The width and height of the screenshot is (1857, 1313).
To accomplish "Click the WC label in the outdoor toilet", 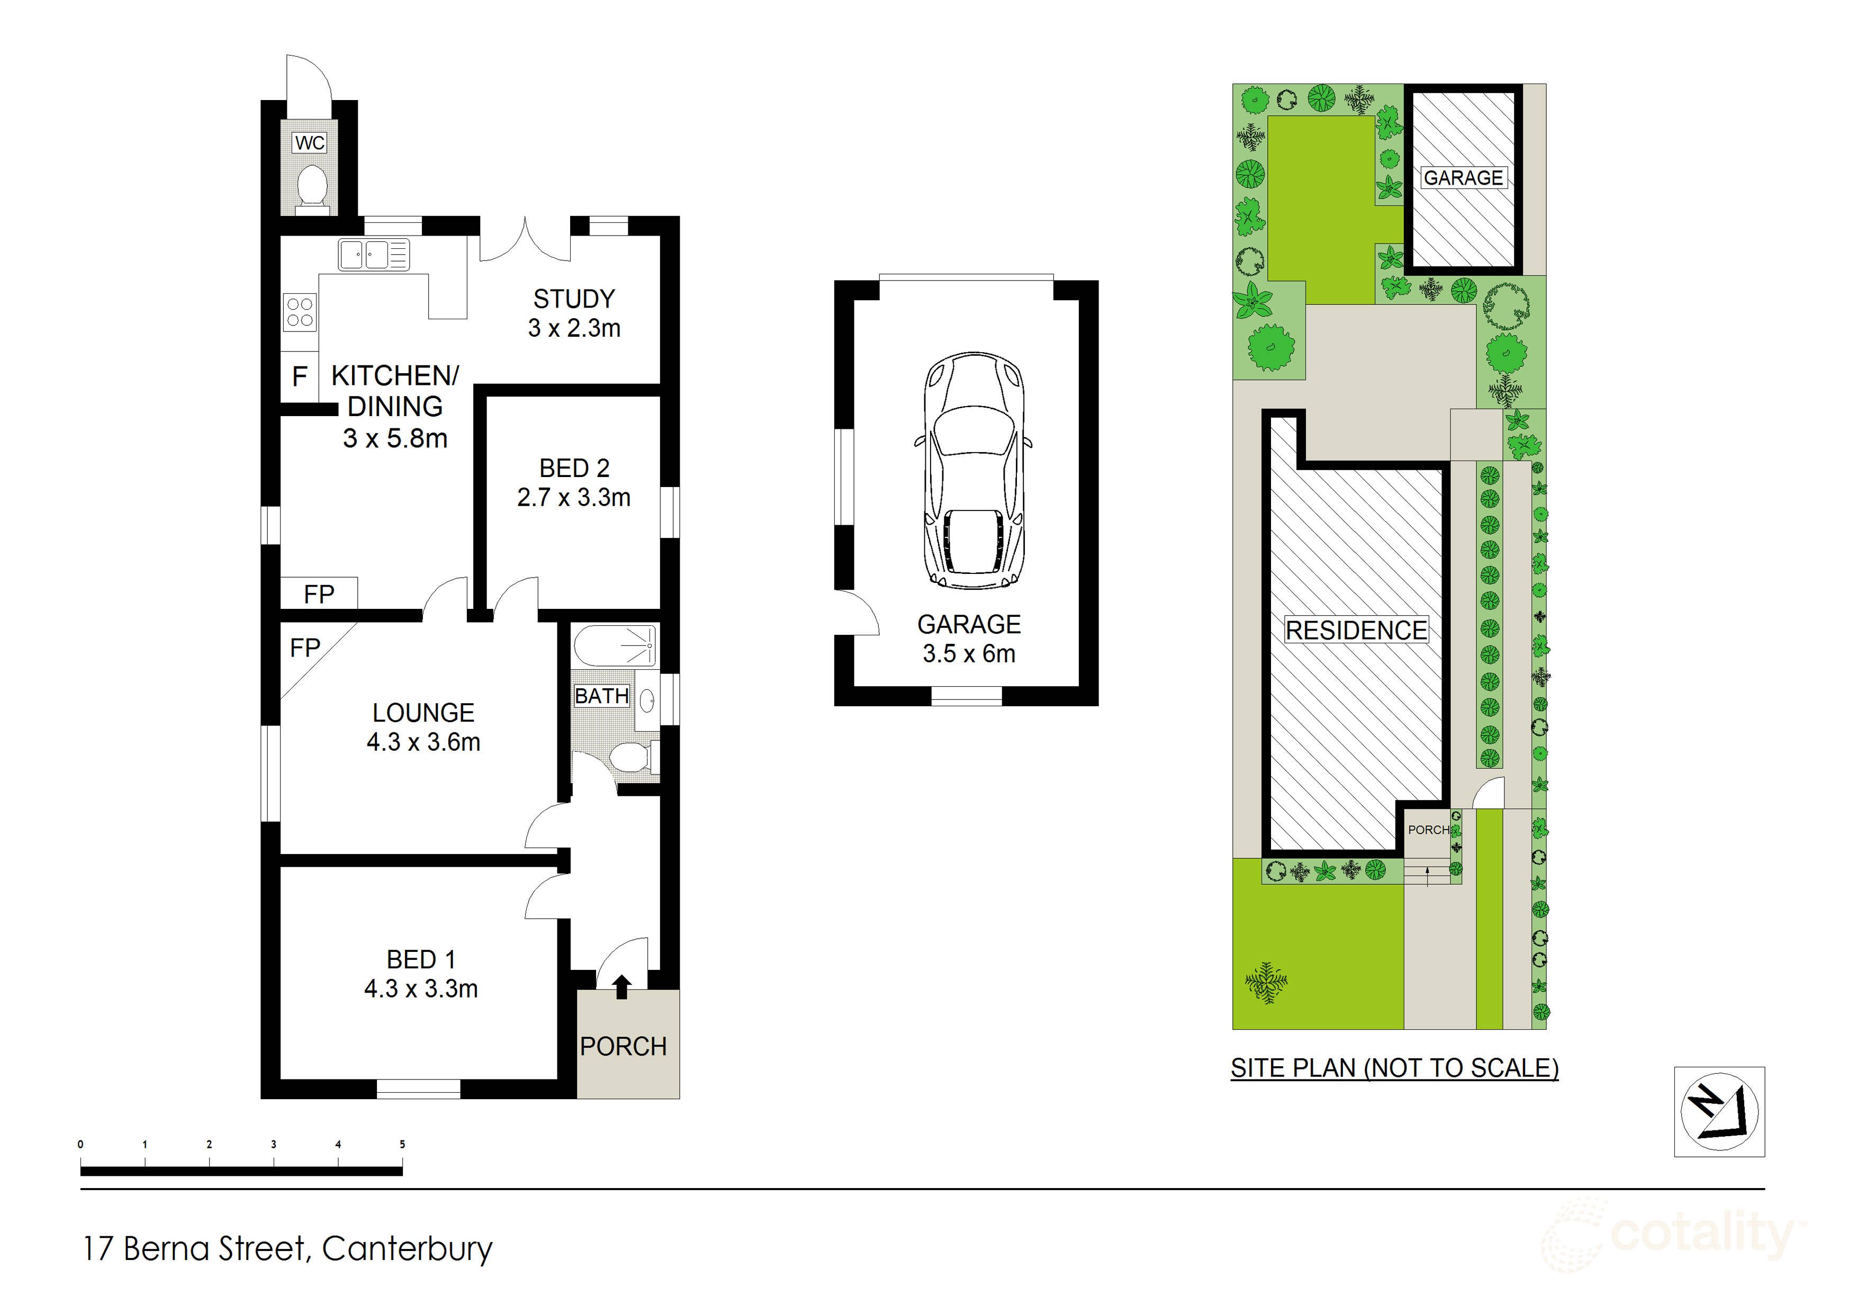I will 310,143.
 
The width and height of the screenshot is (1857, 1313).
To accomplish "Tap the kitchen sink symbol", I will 373,254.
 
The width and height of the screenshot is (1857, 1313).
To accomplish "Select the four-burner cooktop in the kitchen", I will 300,312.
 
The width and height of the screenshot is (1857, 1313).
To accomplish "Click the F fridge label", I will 299,376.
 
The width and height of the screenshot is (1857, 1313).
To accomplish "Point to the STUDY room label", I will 574,299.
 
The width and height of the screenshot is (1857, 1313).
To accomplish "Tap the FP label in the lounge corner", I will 305,648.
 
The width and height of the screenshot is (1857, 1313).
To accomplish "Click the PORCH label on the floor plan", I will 623,1047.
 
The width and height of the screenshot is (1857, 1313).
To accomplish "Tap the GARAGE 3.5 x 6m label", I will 969,639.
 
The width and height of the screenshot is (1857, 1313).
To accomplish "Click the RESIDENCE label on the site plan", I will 1356,630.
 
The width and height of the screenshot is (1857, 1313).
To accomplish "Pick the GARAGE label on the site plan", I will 1463,178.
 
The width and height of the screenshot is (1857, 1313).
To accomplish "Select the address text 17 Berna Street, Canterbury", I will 287,1249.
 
